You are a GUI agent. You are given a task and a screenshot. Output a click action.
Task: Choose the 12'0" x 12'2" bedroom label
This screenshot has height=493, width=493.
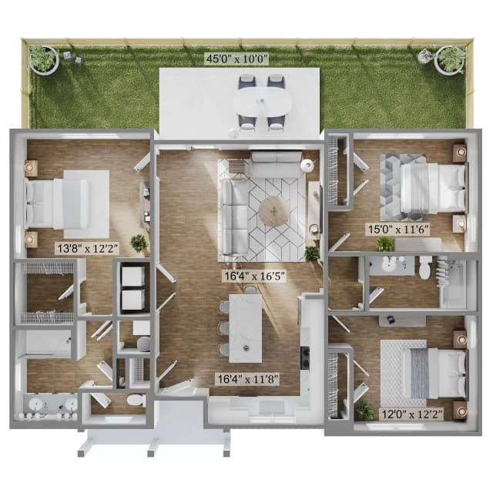pyautogui.click(x=411, y=414)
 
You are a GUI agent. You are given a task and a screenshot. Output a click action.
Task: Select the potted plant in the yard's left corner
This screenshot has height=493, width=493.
pyautogui.click(x=42, y=58)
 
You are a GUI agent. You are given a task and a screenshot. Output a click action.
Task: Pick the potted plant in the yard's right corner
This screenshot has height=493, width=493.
pyautogui.click(x=451, y=59)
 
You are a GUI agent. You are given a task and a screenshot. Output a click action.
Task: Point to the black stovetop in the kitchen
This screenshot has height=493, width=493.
pyautogui.click(x=305, y=358)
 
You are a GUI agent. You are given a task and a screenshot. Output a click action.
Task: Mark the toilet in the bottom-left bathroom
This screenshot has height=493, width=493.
pyautogui.click(x=135, y=401)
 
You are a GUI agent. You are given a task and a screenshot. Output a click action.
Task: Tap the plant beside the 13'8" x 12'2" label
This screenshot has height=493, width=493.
pyautogui.click(x=139, y=243)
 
